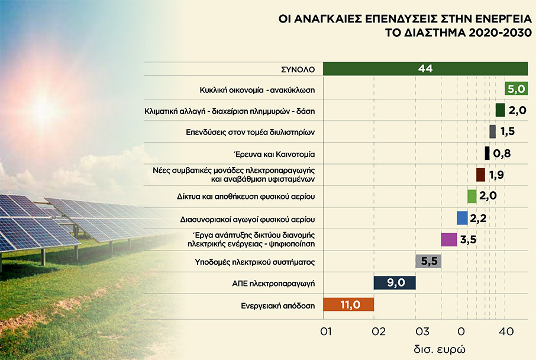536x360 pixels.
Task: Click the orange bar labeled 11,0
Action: click(x=348, y=304)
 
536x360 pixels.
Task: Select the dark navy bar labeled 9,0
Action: click(x=395, y=282)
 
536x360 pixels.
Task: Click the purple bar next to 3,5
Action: click(x=448, y=239)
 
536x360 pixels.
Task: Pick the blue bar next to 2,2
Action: click(x=462, y=218)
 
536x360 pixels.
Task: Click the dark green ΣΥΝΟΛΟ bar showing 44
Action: click(x=425, y=69)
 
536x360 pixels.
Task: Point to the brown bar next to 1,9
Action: click(x=480, y=175)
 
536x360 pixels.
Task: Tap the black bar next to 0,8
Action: click(x=487, y=153)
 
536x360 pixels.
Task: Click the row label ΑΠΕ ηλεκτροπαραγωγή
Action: click(x=280, y=284)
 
